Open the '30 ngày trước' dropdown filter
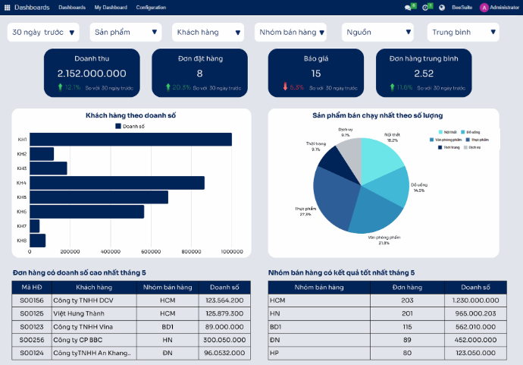pos(44,32)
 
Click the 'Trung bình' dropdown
pos(462,32)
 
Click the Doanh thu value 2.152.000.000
pos(92,74)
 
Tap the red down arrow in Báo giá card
pos(285,87)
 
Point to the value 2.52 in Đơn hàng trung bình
pos(424,74)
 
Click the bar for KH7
pos(34,226)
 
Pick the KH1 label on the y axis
pos(22,140)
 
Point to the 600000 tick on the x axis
pos(191,251)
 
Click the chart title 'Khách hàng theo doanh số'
pos(130,116)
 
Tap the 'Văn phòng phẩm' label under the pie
pos(384,238)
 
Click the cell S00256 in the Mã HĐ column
pos(32,340)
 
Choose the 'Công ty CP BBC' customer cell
pos(78,340)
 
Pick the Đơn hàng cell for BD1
pos(407,326)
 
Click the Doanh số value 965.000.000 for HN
pos(476,313)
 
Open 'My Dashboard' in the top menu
pos(111,7)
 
